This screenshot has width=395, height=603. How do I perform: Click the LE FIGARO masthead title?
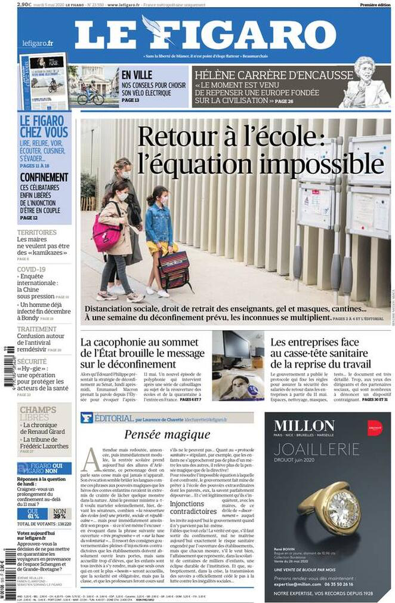[x=205, y=35]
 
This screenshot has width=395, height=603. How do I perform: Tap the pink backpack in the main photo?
[x=106, y=232]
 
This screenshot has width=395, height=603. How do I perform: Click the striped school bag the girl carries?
[x=174, y=270]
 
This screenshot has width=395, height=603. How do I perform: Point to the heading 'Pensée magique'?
[x=167, y=435]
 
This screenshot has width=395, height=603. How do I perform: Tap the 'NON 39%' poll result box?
[x=60, y=513]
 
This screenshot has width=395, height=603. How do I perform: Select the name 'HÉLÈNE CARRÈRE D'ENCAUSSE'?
[x=274, y=75]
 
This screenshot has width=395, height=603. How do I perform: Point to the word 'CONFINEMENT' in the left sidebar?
[x=44, y=177]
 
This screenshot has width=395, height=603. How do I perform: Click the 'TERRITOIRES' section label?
[x=37, y=232]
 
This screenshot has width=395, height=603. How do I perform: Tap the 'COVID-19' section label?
[x=32, y=269]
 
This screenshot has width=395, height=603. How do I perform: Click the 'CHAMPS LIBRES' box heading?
[x=38, y=413]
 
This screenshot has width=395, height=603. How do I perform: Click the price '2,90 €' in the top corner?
[x=24, y=4]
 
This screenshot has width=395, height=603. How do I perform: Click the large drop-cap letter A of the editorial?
[x=90, y=459]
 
